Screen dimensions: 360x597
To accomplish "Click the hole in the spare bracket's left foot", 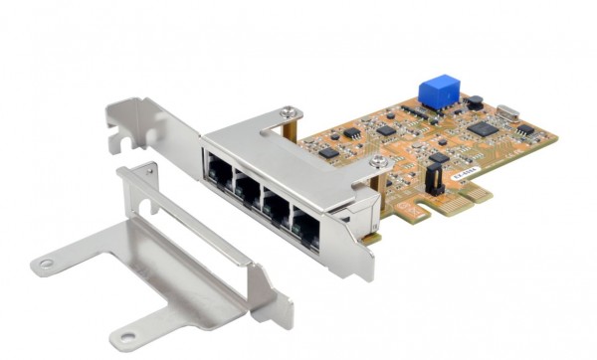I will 46,265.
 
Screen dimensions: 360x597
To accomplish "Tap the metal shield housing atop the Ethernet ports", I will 298,159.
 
